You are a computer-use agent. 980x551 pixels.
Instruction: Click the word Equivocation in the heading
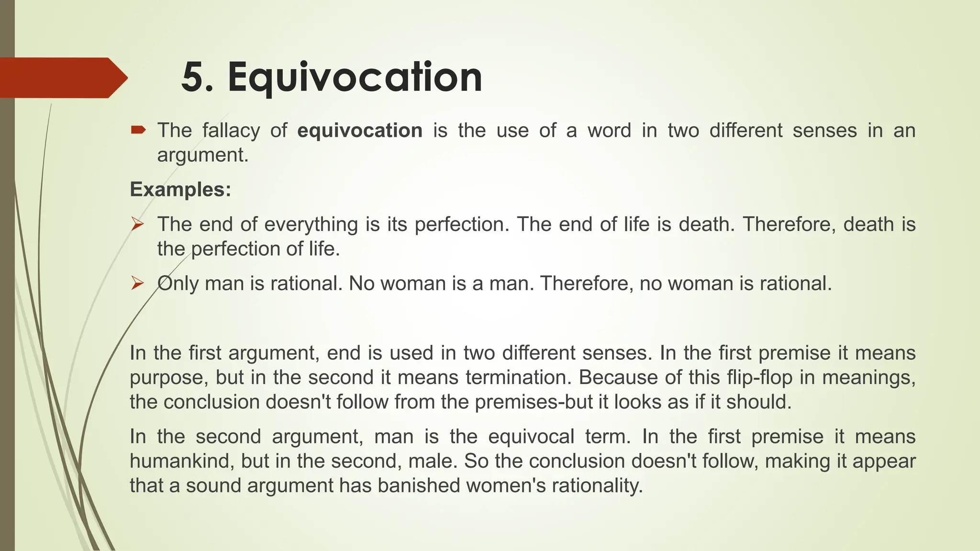point(355,77)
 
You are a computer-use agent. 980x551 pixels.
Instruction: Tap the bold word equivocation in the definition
point(360,131)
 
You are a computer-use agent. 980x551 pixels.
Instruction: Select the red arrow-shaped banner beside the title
point(62,77)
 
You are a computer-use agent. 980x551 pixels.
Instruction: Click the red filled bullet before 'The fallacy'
point(138,130)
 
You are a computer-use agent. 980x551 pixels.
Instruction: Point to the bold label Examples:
point(180,189)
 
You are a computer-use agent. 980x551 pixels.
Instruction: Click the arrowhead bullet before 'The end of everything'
point(137,224)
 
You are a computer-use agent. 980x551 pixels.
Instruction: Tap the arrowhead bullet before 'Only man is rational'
point(137,283)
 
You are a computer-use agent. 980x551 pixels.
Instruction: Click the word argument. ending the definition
point(203,155)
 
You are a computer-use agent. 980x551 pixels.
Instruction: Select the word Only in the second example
point(178,284)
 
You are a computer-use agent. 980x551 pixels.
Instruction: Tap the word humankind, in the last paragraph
point(181,461)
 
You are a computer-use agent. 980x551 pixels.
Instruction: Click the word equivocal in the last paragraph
point(531,437)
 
